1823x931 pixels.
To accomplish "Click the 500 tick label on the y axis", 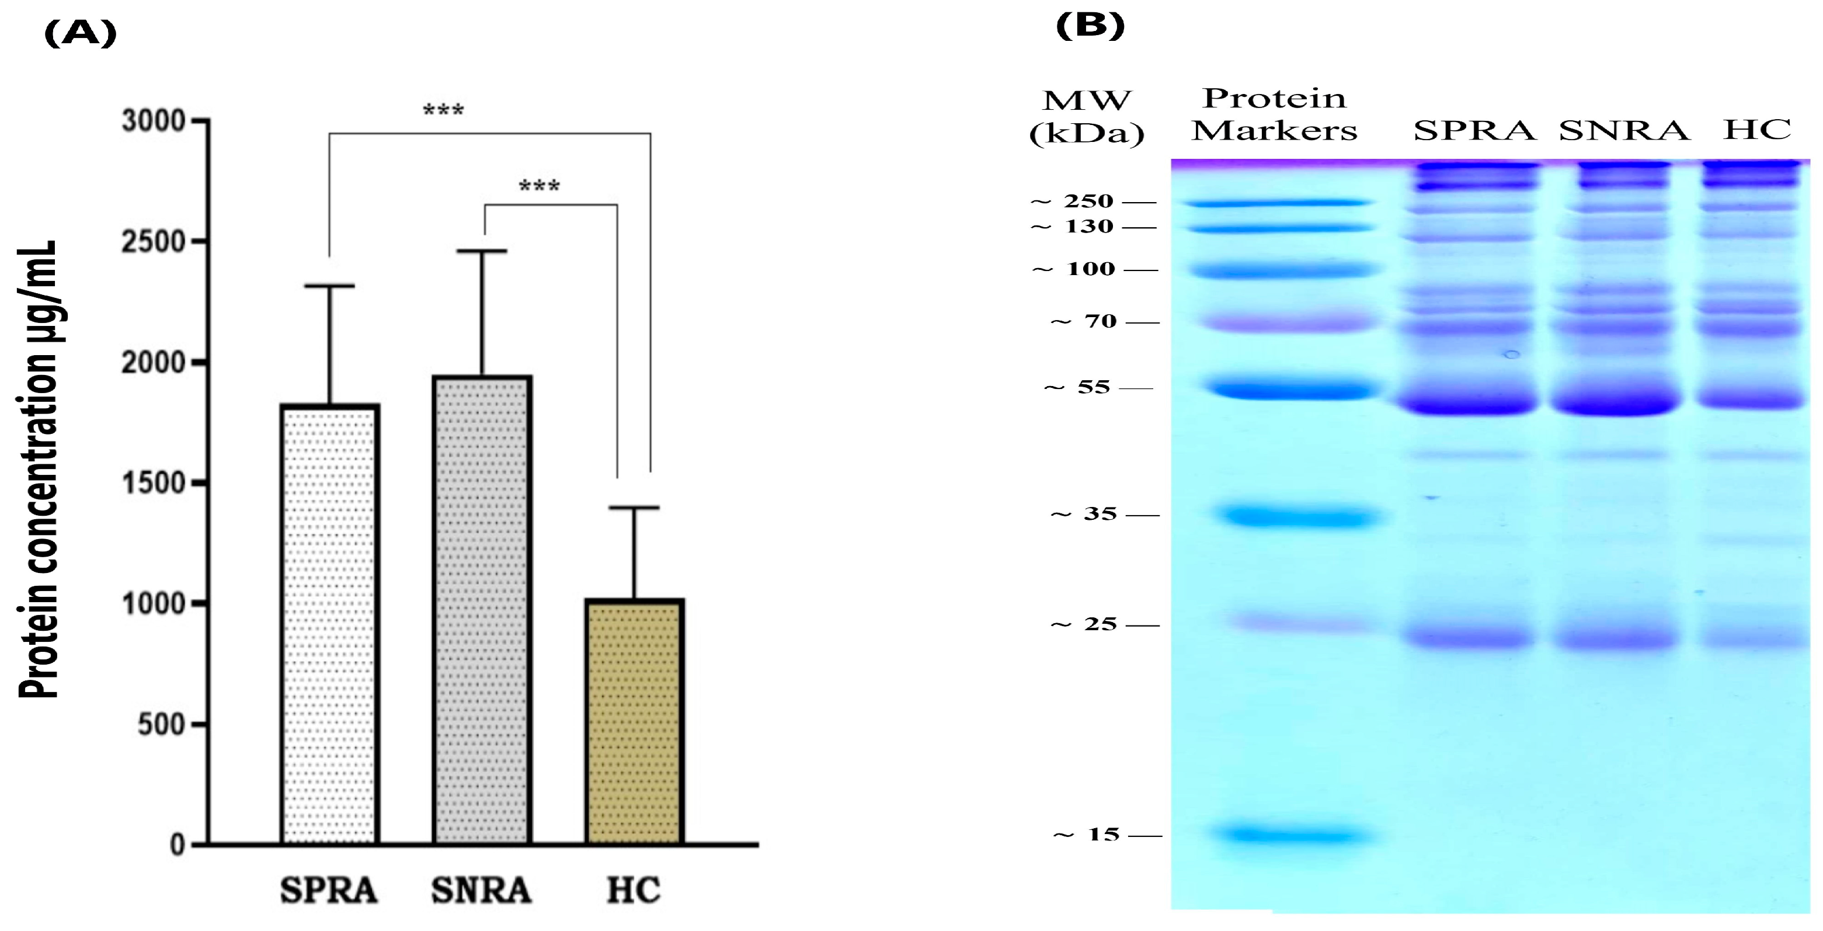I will coord(161,724).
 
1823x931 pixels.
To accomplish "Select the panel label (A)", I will coord(80,33).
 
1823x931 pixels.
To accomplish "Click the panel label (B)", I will coord(1090,26).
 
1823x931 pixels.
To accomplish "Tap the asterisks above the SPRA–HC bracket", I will coord(444,110).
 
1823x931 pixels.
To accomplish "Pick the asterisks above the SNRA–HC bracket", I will coord(540,186).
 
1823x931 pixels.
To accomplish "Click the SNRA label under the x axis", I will coord(481,890).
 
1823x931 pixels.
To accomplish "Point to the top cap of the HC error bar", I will coord(634,508).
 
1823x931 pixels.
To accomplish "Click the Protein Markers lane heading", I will coord(1274,114).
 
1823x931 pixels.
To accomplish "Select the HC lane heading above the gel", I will coord(1756,130).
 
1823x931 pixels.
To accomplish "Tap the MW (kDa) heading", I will coord(1086,117).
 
